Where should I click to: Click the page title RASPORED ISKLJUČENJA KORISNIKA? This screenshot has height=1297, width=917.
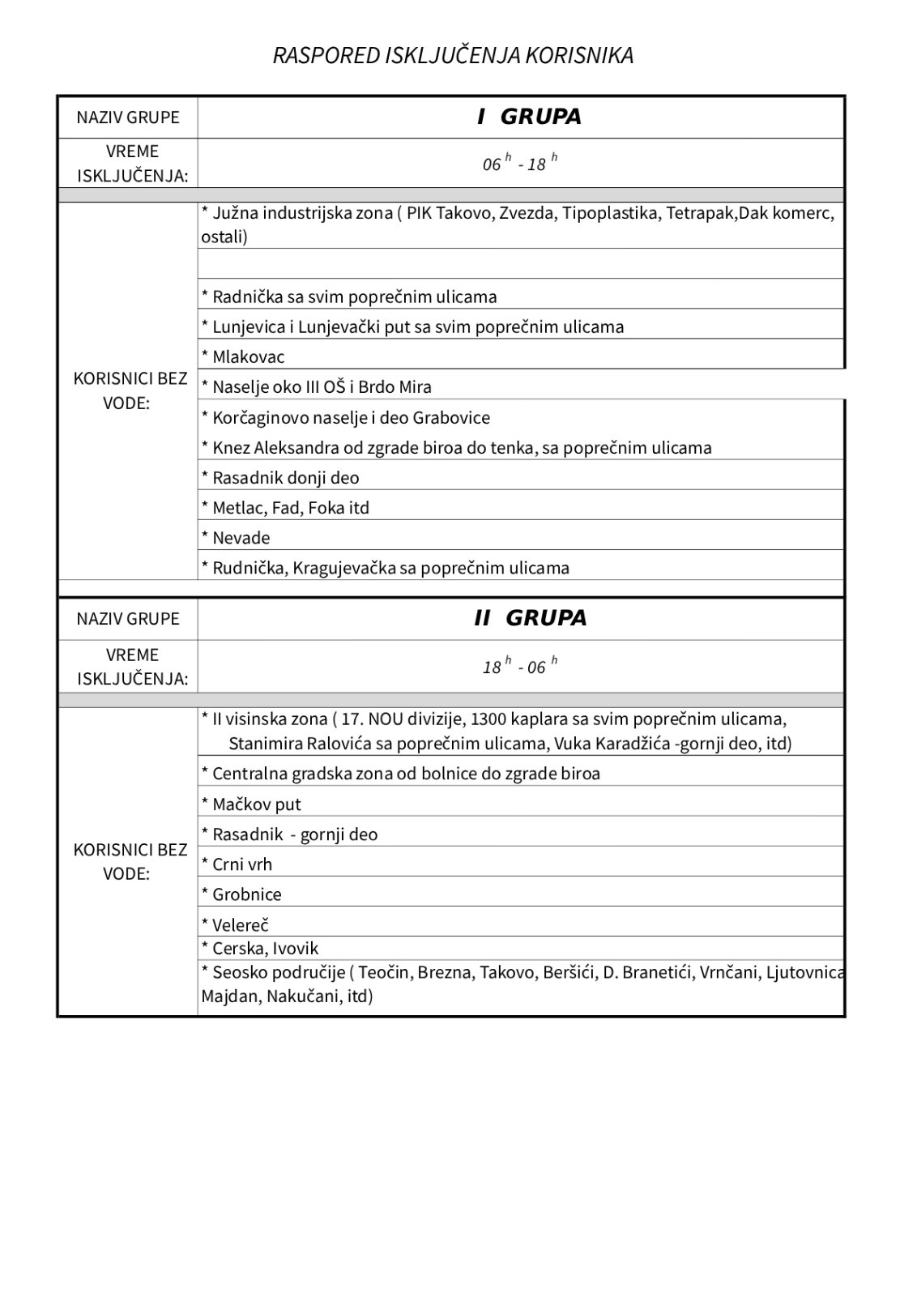(x=453, y=55)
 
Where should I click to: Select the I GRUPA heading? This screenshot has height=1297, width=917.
(x=529, y=117)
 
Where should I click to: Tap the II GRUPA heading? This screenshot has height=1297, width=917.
(x=530, y=618)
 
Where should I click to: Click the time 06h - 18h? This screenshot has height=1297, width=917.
(x=519, y=164)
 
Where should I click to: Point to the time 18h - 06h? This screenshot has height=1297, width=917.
(x=519, y=667)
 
